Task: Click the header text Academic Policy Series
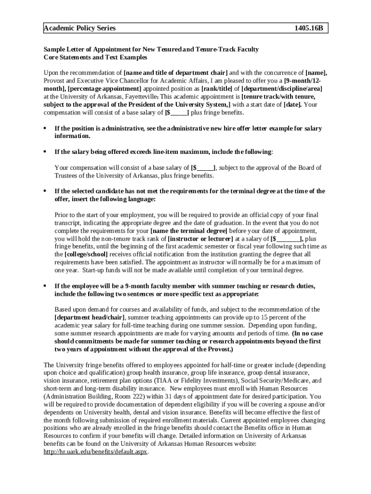[x=79, y=28]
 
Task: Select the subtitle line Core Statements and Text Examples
[x=95, y=57]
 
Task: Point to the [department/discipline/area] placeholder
[x=281, y=89]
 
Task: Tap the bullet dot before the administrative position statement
[x=45, y=129]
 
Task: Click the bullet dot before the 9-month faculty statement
[x=45, y=286]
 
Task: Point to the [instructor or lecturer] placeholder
[x=200, y=238]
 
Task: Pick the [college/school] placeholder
[x=86, y=254]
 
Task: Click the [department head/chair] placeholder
[x=90, y=317]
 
